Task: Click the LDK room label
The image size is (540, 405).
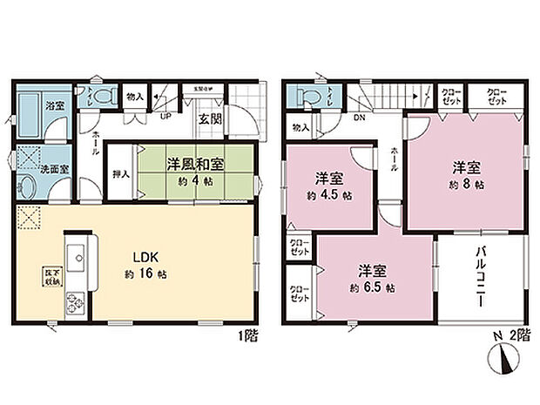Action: (x=145, y=259)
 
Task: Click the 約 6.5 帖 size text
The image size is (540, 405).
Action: (x=374, y=287)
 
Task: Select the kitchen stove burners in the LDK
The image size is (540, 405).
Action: (x=72, y=305)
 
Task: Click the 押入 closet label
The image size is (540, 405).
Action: (x=119, y=174)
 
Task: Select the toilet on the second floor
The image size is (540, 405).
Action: (x=307, y=93)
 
